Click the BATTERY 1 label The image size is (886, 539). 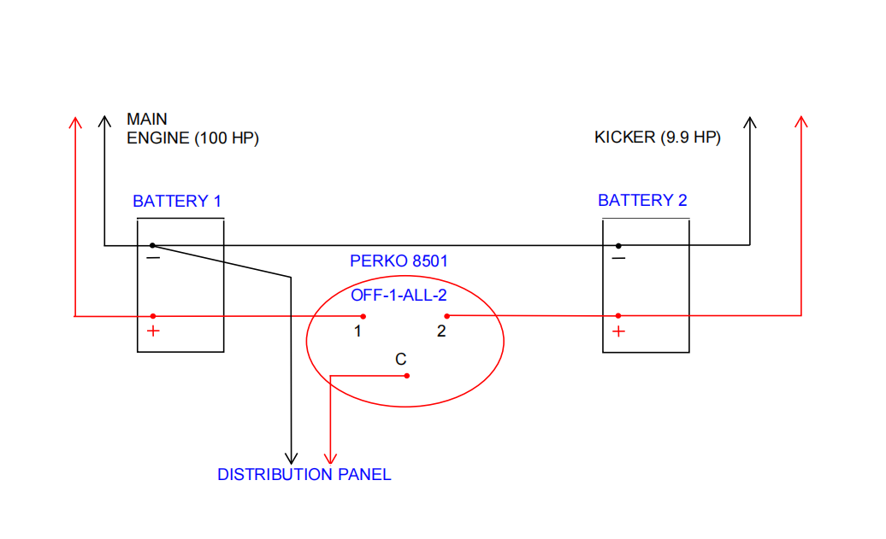177,201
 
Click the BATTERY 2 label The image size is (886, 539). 642,200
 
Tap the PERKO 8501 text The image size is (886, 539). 399,261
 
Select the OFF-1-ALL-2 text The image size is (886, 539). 399,295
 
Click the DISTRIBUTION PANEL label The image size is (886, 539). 304,474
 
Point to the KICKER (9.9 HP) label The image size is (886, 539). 658,138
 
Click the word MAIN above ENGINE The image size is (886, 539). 147,119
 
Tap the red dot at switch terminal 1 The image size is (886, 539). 363,317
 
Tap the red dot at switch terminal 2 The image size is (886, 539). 447,316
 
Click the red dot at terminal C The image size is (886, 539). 407,376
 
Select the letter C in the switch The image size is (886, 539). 400,359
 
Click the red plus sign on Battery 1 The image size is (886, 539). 153,331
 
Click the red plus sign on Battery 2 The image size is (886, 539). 618,331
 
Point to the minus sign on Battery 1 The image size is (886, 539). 153,259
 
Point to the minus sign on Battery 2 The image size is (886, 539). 618,259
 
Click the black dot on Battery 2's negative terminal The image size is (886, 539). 618,246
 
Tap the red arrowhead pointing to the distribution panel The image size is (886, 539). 331,459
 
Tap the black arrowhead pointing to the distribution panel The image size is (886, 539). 291,459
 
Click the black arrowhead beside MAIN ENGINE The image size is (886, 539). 104,122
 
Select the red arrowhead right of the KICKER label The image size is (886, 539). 801,122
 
